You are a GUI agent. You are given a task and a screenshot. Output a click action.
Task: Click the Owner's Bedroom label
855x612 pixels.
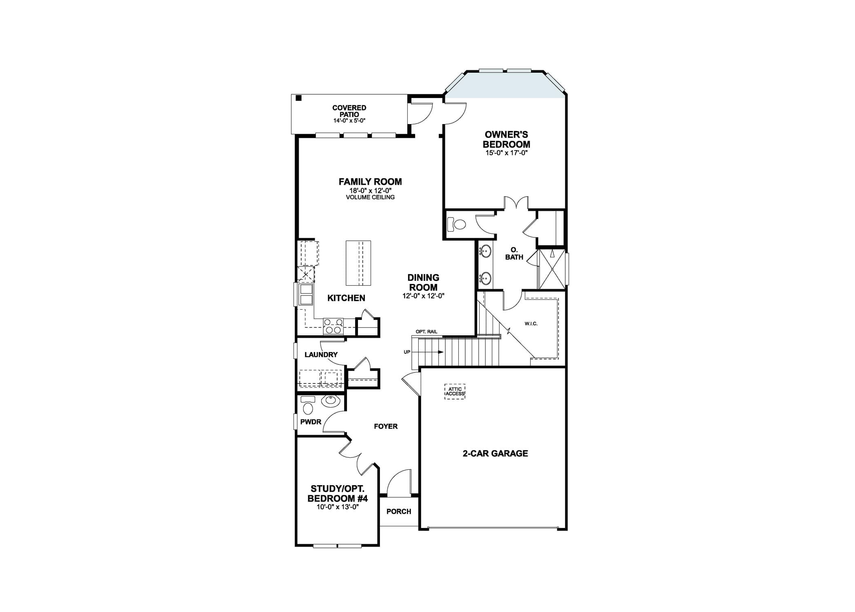click(506, 139)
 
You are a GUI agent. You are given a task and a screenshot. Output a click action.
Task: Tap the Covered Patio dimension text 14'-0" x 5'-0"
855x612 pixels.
click(349, 121)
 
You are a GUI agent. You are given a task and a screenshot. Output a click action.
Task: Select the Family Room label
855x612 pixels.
click(370, 182)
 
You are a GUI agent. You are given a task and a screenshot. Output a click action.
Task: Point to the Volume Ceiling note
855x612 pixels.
click(370, 197)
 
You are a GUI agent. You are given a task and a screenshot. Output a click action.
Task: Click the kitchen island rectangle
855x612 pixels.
click(358, 263)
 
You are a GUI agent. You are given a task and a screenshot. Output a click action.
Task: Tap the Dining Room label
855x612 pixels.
click(423, 282)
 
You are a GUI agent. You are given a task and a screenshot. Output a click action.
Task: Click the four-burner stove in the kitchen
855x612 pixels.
click(333, 326)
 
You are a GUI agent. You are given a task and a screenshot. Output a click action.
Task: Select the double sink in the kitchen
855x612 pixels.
click(306, 295)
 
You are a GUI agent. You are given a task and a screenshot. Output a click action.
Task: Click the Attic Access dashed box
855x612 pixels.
click(455, 392)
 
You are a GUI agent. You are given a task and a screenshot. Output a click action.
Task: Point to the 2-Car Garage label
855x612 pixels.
click(495, 453)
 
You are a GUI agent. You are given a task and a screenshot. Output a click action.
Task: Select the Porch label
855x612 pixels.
click(399, 512)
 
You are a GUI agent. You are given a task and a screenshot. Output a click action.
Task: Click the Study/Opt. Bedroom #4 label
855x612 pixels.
click(338, 494)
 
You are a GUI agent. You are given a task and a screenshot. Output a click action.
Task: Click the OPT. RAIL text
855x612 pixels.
click(426, 332)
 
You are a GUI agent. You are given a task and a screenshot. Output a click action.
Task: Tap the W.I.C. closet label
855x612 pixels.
click(531, 324)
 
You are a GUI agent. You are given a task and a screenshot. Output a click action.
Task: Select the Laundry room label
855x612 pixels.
click(321, 355)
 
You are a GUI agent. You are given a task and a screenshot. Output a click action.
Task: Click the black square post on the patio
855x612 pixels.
click(298, 98)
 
